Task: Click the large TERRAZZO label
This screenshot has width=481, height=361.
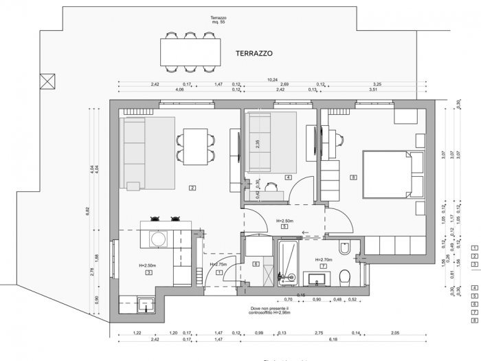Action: tap(254, 53)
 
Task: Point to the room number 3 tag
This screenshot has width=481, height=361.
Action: tap(148, 272)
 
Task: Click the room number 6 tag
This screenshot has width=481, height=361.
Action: tap(256, 263)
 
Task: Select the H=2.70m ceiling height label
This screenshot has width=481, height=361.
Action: tap(324, 260)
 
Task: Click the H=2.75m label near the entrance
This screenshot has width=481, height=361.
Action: tap(218, 264)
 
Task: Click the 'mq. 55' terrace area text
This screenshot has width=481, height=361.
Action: tap(219, 24)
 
